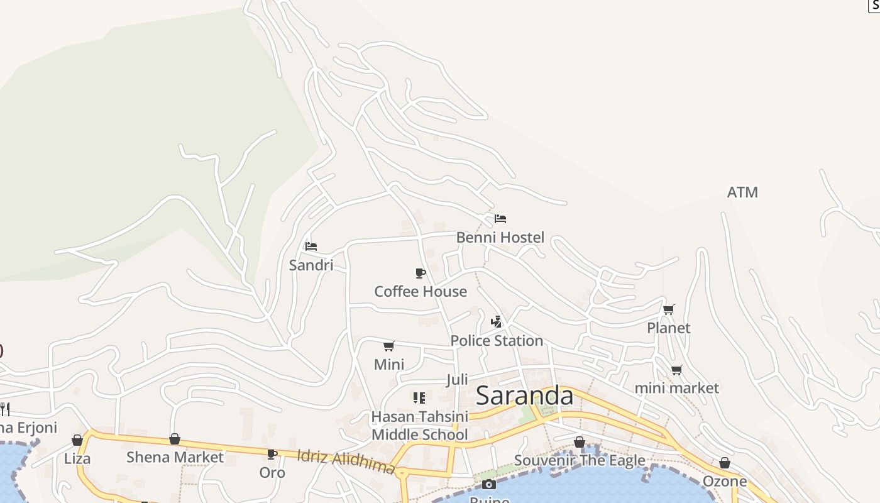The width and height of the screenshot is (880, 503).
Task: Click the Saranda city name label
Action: click(524, 396)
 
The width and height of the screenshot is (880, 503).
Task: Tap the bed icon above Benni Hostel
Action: click(500, 219)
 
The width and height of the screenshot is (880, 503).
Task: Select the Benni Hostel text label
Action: click(500, 238)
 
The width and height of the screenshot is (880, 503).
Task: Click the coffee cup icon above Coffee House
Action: click(421, 273)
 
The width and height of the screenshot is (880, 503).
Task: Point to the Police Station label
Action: click(497, 341)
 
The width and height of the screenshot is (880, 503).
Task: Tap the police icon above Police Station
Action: click(497, 322)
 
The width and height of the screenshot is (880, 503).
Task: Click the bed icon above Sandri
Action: click(311, 246)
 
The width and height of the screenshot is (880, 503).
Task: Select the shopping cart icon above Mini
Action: click(389, 346)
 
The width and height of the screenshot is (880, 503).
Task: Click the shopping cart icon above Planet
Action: click(669, 309)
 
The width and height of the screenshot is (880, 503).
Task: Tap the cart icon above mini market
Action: click(676, 370)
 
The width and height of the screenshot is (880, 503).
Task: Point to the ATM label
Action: click(742, 192)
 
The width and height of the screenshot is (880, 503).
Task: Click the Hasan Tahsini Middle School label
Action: click(420, 426)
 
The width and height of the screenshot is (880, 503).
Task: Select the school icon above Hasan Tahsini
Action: click(419, 397)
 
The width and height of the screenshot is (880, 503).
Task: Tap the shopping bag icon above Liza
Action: click(77, 440)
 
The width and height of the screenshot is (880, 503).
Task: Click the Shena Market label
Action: click(175, 457)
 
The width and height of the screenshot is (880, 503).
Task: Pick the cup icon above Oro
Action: click(272, 454)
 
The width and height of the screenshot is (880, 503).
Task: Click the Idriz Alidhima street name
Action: click(345, 462)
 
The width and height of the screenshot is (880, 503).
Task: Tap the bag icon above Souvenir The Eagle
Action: click(580, 443)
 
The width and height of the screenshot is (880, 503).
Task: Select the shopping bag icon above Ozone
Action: click(725, 463)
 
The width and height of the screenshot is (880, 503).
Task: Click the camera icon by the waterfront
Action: click(489, 484)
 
